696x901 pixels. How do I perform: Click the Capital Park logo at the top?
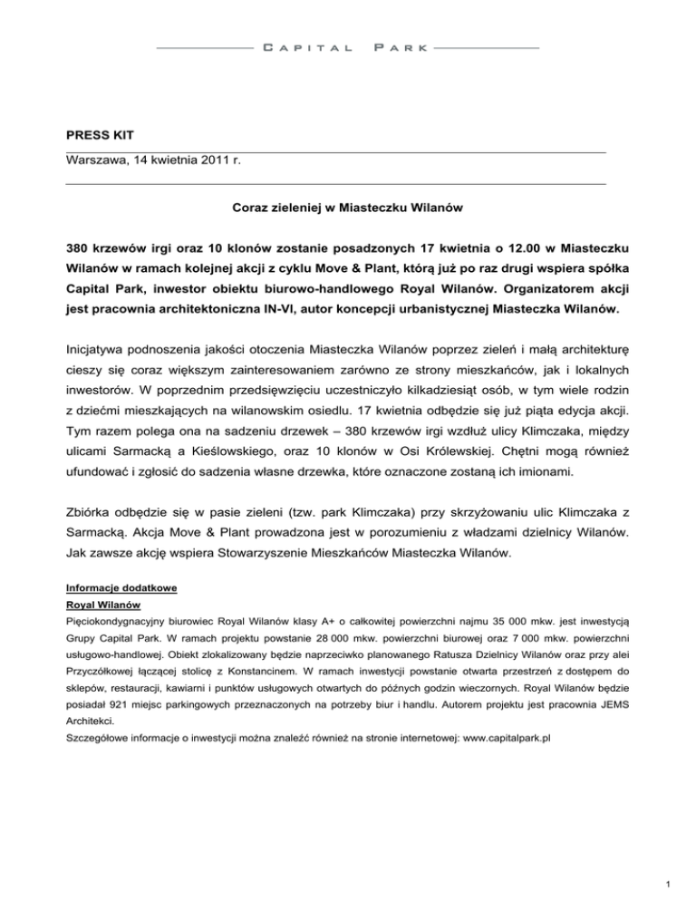point(348,46)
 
